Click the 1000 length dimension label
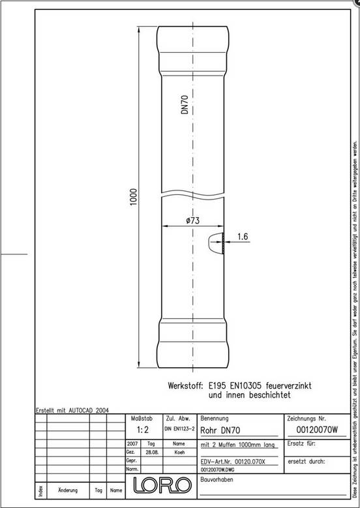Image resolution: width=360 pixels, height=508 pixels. click(133, 195)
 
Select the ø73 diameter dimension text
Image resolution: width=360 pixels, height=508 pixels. click(192, 220)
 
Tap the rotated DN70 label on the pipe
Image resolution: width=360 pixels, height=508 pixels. click(185, 104)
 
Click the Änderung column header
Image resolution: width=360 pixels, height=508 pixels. click(69, 490)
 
